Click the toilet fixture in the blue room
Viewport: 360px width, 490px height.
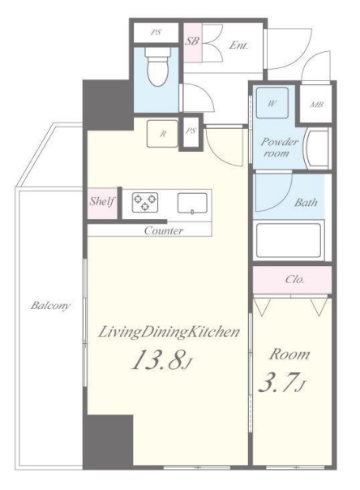(x=157, y=67)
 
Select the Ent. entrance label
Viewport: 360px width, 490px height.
(x=238, y=45)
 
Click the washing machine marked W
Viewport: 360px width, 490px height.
(x=272, y=103)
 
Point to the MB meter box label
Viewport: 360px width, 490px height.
(x=316, y=105)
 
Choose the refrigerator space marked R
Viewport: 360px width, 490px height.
(x=162, y=133)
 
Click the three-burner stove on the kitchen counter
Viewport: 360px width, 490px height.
(x=145, y=202)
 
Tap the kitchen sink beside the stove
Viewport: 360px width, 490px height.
(x=192, y=204)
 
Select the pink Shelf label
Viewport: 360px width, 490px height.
(x=102, y=201)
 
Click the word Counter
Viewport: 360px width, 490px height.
(x=164, y=231)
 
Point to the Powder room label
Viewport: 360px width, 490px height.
(x=279, y=148)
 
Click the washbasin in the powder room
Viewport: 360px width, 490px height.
(x=317, y=148)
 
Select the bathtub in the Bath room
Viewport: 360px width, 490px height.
(x=288, y=239)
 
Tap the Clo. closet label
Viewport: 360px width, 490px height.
(x=294, y=279)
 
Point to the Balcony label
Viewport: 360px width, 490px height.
(x=50, y=305)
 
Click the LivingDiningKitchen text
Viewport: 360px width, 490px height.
(x=169, y=332)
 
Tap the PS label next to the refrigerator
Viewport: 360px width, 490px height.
(x=191, y=131)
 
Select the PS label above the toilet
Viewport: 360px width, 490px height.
(x=156, y=32)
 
